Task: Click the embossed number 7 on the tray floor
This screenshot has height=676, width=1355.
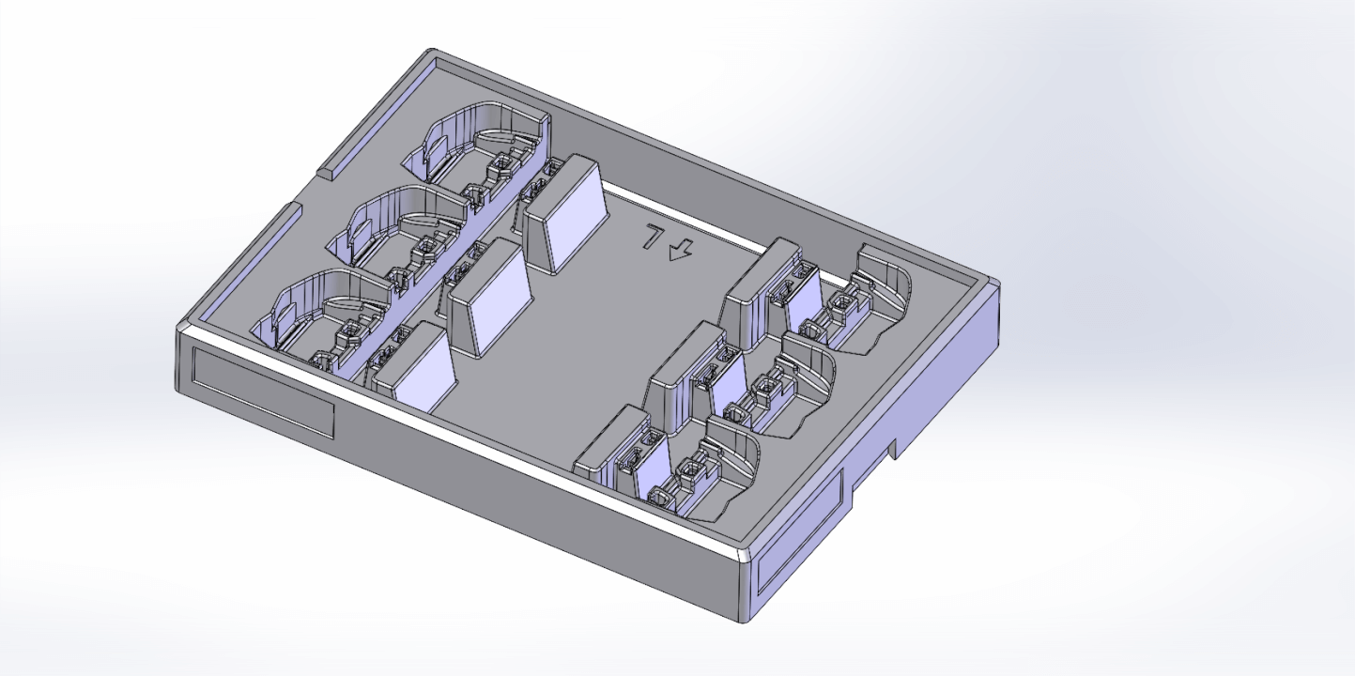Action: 650,237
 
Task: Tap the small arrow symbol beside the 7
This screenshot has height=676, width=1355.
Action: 680,250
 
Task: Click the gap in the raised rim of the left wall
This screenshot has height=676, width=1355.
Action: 310,188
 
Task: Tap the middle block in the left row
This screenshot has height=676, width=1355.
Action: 488,296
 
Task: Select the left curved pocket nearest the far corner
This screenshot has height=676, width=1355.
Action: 479,141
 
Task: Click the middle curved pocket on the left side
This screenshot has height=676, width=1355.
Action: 404,221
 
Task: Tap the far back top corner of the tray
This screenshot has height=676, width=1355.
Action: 433,53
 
